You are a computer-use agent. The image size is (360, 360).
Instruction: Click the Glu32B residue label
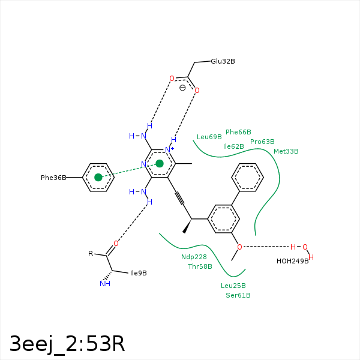(223, 61)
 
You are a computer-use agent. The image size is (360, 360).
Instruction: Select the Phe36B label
(53, 178)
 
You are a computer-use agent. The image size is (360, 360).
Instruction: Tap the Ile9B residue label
(138, 273)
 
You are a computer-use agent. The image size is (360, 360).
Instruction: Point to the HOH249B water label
(292, 261)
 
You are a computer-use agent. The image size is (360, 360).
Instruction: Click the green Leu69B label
(209, 137)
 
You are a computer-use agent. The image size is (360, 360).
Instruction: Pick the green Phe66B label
(238, 132)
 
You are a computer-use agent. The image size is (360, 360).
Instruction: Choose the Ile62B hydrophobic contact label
(233, 146)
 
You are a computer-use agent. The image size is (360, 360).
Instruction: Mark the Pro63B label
(262, 142)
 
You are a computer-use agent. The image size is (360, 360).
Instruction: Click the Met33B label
(286, 151)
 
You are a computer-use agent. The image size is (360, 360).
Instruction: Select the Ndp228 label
(194, 257)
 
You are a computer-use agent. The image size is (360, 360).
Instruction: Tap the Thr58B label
(200, 266)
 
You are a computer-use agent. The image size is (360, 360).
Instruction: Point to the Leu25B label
(233, 286)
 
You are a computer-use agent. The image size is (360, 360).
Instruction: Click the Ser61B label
(238, 295)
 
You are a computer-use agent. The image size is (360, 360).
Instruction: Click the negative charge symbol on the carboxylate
(182, 88)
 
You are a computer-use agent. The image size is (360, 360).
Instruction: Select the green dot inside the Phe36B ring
(98, 177)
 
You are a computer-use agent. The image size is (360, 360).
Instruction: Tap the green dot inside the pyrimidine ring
(160, 163)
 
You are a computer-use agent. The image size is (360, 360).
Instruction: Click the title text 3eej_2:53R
(67, 343)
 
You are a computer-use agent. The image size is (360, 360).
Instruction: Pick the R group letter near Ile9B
(91, 254)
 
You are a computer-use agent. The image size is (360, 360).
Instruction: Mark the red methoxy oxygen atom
(239, 247)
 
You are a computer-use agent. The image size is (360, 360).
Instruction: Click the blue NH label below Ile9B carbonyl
(105, 284)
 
